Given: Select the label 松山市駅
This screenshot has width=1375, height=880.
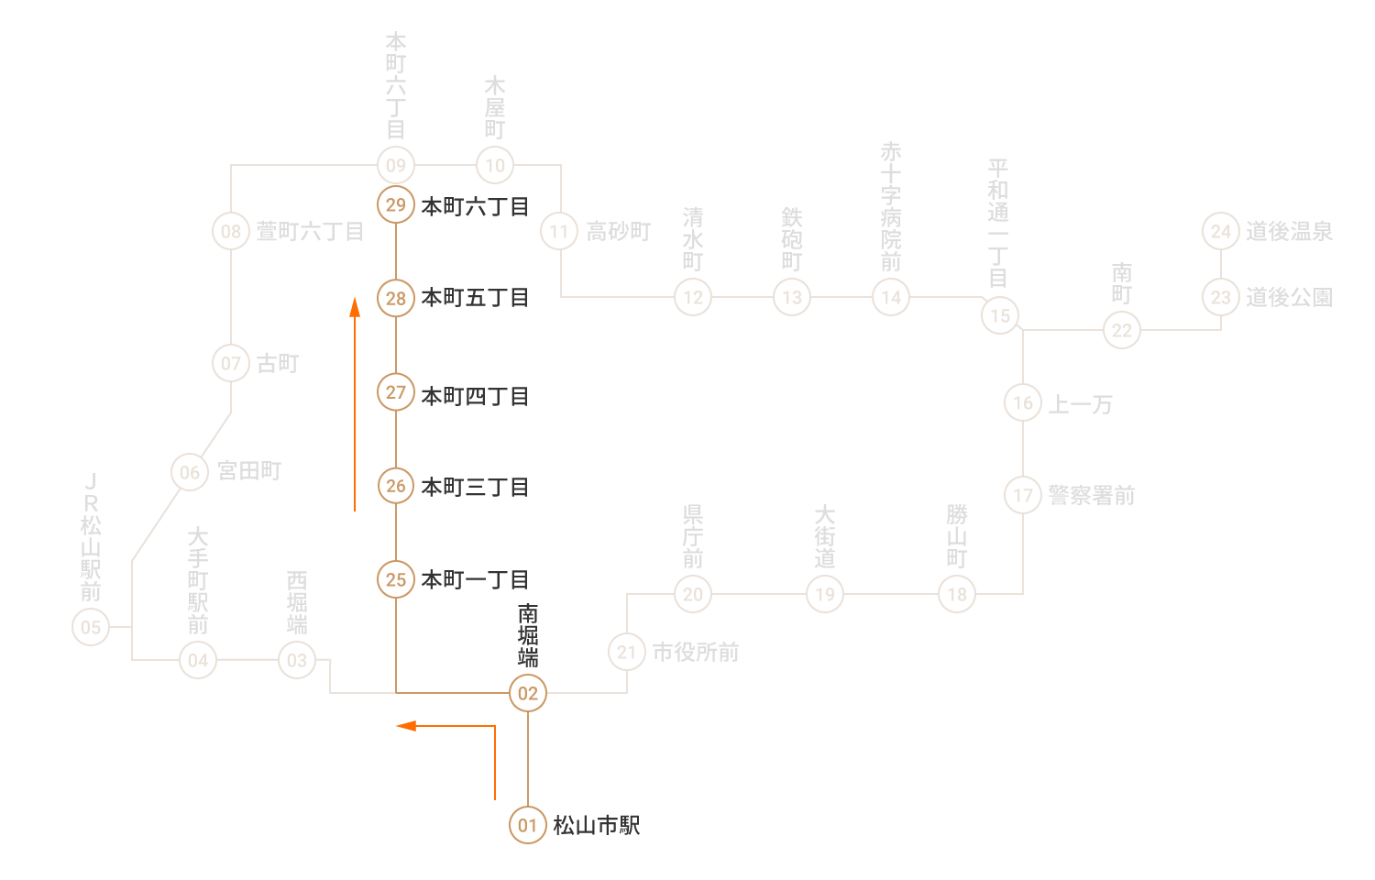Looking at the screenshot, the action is (597, 825).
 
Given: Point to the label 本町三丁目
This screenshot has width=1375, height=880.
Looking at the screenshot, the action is (475, 488).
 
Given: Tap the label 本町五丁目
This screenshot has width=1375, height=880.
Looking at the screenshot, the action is (475, 298).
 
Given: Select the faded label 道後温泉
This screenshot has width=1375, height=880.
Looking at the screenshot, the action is (1289, 231).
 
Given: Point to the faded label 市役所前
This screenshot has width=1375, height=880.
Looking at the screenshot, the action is (696, 652).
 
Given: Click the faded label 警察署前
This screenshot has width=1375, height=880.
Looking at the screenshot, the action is (1092, 495).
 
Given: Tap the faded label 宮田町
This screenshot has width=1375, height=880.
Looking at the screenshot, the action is (249, 471).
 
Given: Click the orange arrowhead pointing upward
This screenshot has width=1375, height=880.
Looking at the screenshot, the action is (354, 307).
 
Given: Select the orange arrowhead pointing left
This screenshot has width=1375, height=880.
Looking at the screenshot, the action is (406, 726).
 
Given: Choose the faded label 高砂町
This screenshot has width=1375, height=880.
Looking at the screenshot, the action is (619, 231).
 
